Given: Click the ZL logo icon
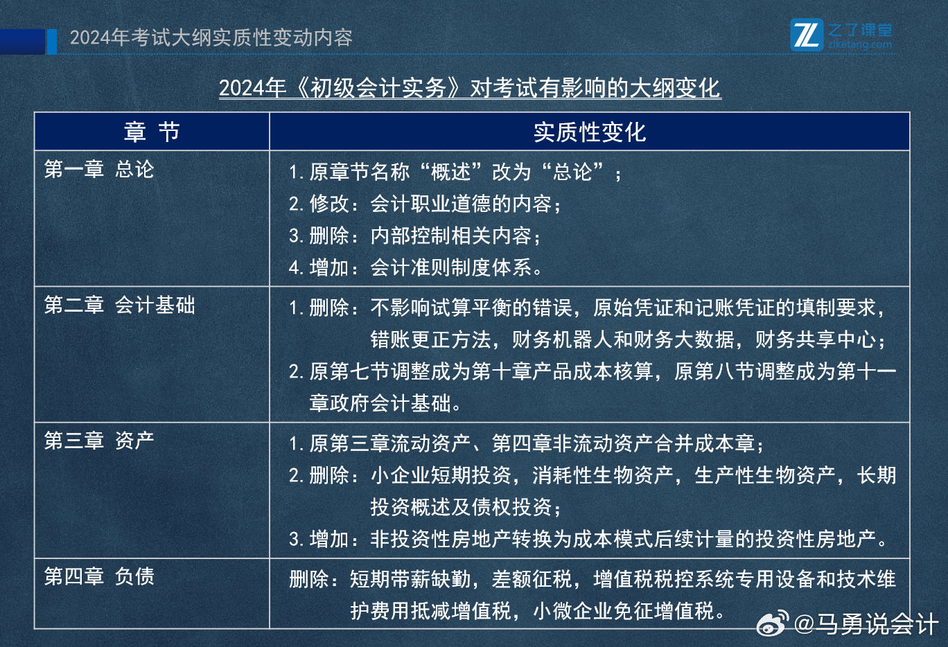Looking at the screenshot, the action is [x=807, y=35].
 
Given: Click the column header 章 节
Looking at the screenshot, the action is [x=152, y=132].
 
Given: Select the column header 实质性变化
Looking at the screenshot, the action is [x=590, y=132].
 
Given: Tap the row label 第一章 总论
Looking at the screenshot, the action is [x=99, y=169].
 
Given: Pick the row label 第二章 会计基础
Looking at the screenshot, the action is [x=120, y=305].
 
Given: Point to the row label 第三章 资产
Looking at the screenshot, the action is [x=99, y=441].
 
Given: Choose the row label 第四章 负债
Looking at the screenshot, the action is [x=99, y=576].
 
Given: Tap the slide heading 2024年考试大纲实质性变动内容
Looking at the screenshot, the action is [x=211, y=37].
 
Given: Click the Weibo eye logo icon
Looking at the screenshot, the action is [x=773, y=623].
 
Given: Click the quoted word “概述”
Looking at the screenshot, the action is [x=450, y=172].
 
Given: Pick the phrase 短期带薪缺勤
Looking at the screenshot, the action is [x=410, y=579].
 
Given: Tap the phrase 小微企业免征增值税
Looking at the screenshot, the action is [x=624, y=610].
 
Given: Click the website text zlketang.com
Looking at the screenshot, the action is [x=860, y=44].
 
